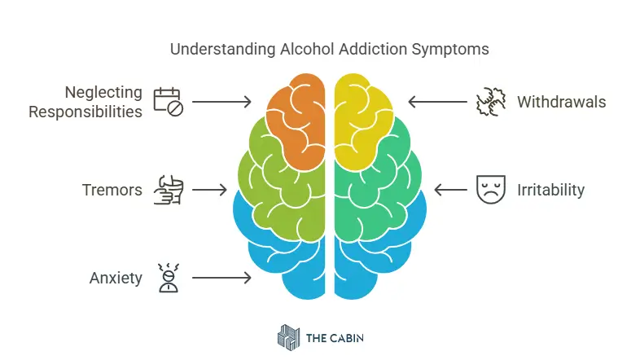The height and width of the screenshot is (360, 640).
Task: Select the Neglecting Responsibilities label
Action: click(x=85, y=102)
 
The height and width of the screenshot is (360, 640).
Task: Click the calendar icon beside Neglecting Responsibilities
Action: click(x=169, y=102)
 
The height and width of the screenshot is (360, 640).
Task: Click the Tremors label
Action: click(x=112, y=190)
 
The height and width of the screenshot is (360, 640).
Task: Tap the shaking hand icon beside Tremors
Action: click(x=169, y=190)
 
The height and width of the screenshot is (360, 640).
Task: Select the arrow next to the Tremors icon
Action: click(x=209, y=190)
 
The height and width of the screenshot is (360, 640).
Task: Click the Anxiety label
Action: click(x=116, y=279)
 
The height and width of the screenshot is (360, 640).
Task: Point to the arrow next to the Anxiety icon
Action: click(x=221, y=279)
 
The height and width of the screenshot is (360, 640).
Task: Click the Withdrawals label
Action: click(x=561, y=102)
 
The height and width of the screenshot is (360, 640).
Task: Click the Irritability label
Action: click(x=550, y=190)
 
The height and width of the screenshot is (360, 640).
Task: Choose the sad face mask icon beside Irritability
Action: click(x=486, y=190)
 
